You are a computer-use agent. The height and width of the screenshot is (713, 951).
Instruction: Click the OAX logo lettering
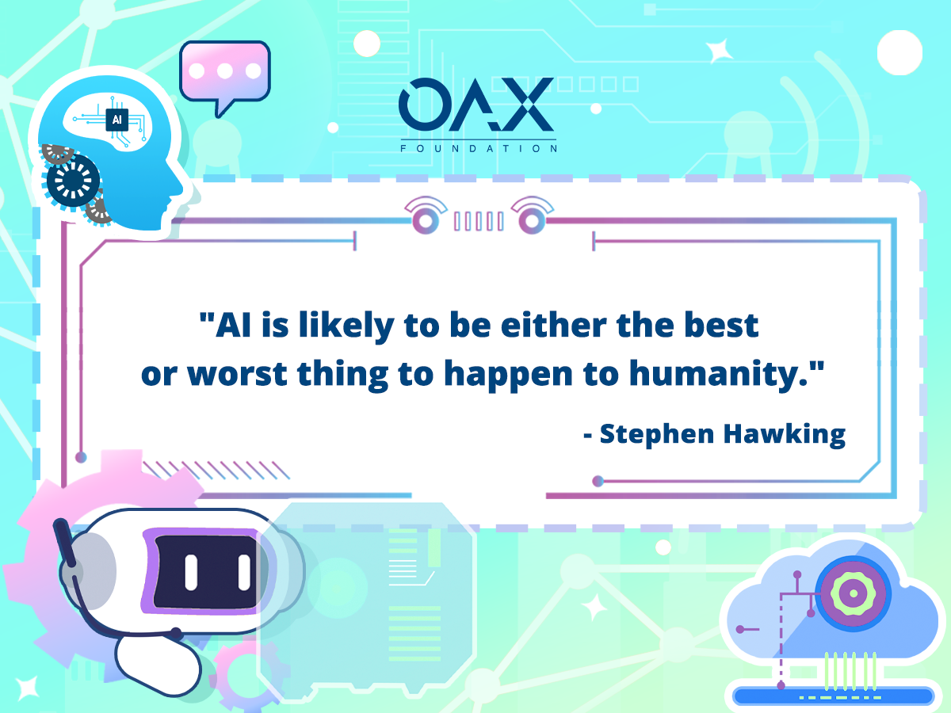[x=476, y=105]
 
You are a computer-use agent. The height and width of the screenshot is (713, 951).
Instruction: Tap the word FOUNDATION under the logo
[x=479, y=148]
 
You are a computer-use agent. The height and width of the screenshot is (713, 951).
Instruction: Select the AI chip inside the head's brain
[x=117, y=120]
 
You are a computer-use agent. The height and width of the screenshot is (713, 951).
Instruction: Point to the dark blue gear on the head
[x=73, y=181]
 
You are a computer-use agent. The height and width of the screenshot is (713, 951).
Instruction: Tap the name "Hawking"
[x=785, y=434]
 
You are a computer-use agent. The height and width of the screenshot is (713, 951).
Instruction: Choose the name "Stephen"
[x=657, y=434]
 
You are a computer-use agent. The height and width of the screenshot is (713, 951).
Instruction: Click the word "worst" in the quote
[x=237, y=374]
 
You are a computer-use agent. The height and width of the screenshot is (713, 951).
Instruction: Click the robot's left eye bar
[x=191, y=573]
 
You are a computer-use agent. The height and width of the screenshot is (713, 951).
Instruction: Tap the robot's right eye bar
[x=244, y=572]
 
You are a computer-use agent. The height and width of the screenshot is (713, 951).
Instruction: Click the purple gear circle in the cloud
[x=853, y=593]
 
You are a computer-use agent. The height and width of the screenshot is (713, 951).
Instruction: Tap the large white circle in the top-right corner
[x=899, y=53]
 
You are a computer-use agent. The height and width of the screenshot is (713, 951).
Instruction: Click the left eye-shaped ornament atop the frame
[x=426, y=215]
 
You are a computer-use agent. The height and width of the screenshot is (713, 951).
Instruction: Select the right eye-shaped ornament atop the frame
[x=532, y=215]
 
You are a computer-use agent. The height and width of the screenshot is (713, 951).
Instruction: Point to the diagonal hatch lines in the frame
[x=216, y=471]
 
